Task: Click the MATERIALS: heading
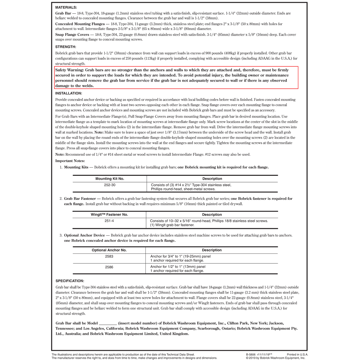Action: point(66,7)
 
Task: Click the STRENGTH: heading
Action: point(66,47)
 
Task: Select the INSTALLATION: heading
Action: point(69,93)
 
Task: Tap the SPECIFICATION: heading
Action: point(70,281)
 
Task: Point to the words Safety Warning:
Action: point(70,70)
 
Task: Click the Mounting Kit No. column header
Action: point(109,179)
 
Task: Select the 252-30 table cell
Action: point(109,185)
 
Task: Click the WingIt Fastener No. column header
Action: point(109,215)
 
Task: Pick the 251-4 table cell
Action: point(109,221)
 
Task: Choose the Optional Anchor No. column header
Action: point(109,250)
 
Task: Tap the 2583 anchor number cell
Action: point(109,256)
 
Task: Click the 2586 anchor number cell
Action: point(109,267)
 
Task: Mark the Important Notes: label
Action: point(70,161)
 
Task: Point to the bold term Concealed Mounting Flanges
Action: point(79,24)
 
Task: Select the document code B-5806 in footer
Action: point(252,354)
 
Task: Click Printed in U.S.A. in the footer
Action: point(297,354)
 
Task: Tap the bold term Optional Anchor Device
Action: point(85,235)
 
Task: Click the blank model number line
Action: point(108,323)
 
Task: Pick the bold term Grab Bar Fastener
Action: point(80,199)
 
